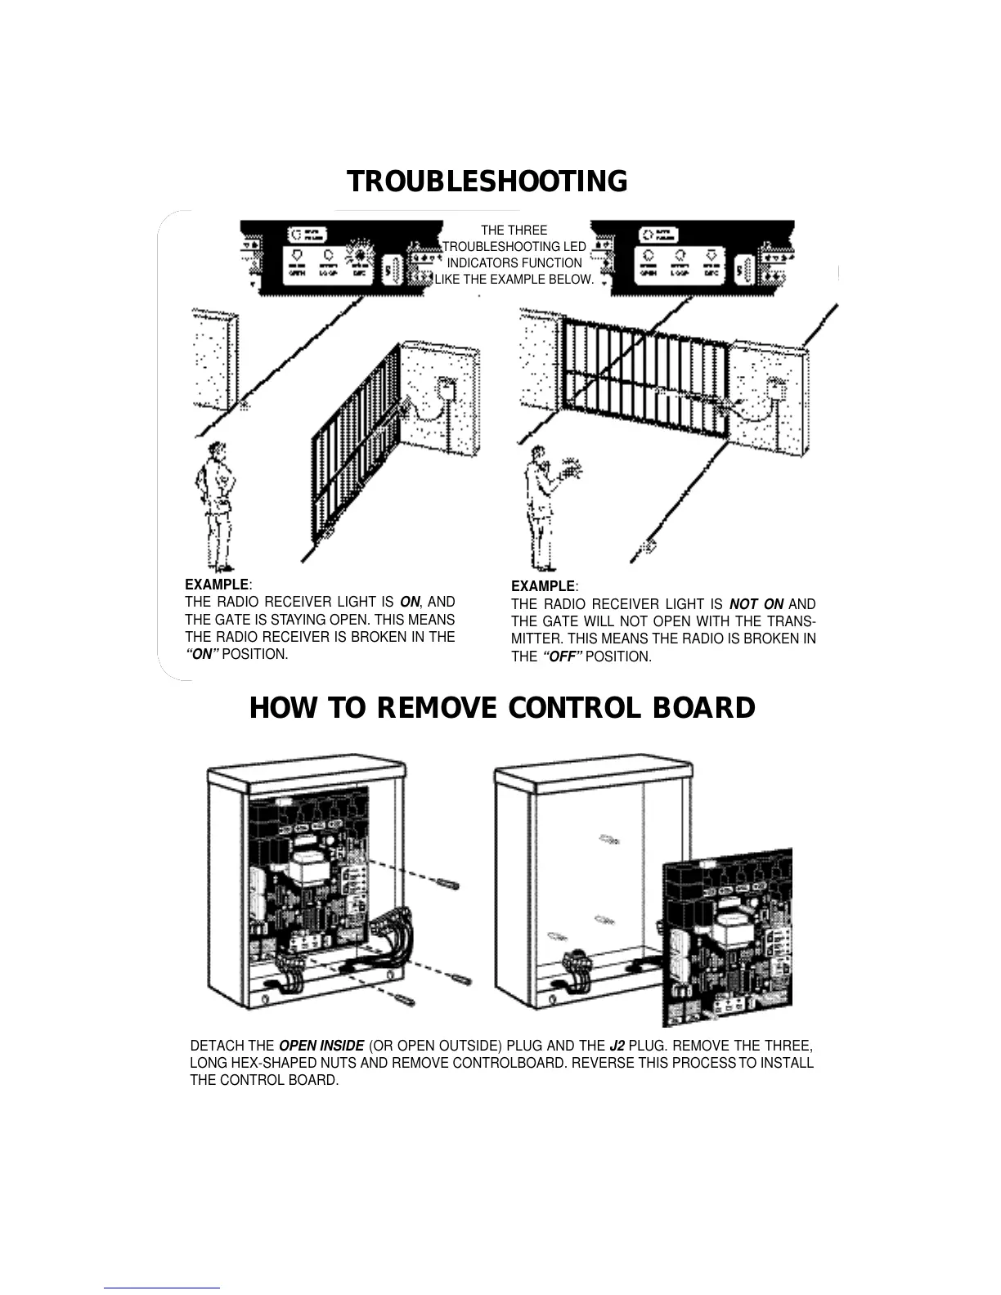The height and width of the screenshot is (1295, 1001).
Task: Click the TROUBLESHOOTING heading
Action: click(487, 181)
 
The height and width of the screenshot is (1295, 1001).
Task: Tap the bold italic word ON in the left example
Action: click(410, 603)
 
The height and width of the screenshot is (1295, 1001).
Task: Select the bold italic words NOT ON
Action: click(756, 604)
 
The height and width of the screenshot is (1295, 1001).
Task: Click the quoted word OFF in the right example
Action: click(562, 656)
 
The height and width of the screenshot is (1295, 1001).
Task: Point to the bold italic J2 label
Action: click(617, 1046)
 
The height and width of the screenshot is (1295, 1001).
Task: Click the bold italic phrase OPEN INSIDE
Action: click(321, 1046)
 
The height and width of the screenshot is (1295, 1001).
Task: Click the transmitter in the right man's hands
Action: click(572, 472)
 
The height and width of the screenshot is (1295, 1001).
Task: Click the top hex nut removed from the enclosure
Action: click(447, 885)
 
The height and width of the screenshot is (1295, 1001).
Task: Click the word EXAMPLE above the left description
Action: click(217, 585)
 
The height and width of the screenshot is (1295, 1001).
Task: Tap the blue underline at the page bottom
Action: click(162, 1288)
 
